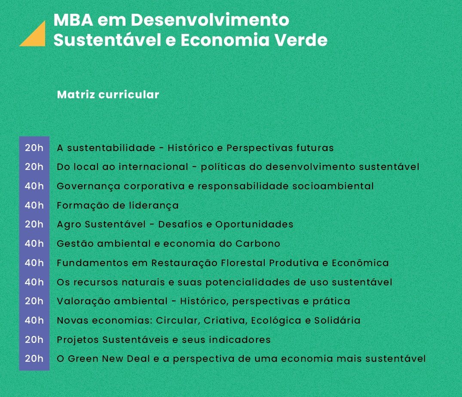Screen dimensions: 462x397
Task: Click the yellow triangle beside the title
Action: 37,37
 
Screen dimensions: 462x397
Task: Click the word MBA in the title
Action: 73,20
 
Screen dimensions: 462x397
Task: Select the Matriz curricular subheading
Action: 108,94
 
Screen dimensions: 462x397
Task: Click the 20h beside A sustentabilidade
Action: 34,148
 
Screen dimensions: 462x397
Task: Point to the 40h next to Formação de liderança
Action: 34,205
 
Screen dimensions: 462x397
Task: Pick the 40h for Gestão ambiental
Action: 34,243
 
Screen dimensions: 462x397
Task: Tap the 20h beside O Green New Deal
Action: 34,358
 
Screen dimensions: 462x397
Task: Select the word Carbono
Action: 257,243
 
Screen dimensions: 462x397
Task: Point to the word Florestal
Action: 243,263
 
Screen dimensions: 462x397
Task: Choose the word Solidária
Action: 337,320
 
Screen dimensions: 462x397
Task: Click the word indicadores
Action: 239,339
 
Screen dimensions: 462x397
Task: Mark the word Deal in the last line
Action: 138,358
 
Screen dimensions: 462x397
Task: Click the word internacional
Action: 153,167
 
